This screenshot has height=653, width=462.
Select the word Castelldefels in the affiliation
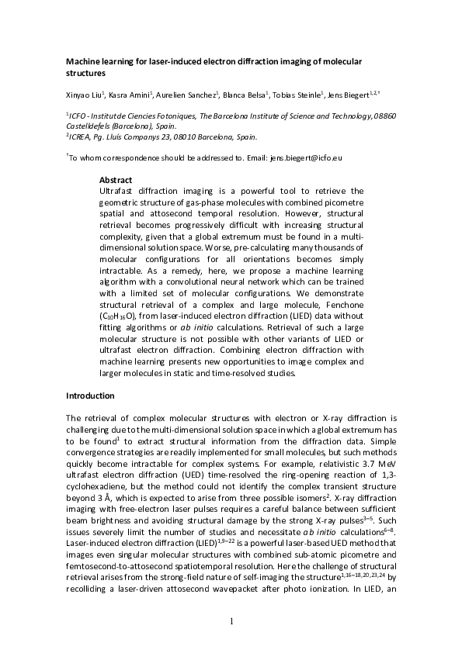click(92, 125)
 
